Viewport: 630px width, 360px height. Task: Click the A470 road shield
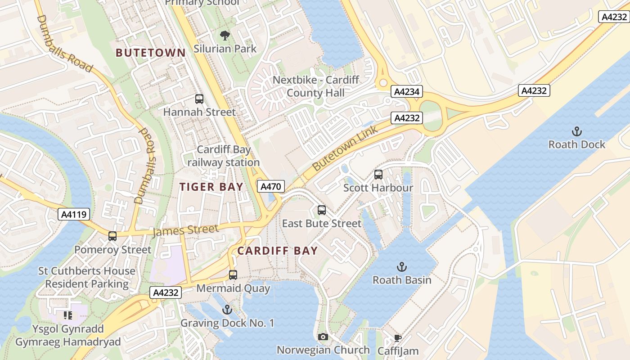click(x=271, y=186)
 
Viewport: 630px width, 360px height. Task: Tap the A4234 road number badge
click(x=407, y=92)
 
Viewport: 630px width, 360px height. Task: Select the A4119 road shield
click(x=74, y=215)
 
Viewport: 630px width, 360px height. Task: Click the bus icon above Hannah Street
click(x=199, y=99)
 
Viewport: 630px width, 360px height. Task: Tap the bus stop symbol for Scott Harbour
click(x=378, y=174)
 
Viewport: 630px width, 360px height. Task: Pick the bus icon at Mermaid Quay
click(x=233, y=274)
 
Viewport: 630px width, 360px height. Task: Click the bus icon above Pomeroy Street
click(x=112, y=236)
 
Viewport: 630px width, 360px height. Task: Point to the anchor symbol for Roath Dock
click(x=576, y=131)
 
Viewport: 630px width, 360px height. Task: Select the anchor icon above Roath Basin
click(x=402, y=267)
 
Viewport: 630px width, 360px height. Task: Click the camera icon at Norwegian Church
click(x=323, y=337)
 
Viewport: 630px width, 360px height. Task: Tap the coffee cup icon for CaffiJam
click(x=397, y=337)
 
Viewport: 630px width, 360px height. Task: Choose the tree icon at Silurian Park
click(x=225, y=35)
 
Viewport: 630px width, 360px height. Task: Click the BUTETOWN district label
click(x=151, y=53)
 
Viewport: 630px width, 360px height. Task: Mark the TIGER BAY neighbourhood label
click(x=211, y=187)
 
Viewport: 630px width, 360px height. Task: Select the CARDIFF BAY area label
click(x=277, y=251)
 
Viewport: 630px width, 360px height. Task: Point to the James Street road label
click(x=185, y=230)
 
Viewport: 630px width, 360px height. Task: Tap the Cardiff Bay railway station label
click(x=223, y=156)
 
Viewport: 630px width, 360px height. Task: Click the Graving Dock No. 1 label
click(x=227, y=323)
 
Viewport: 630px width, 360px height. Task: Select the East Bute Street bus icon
click(x=321, y=210)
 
